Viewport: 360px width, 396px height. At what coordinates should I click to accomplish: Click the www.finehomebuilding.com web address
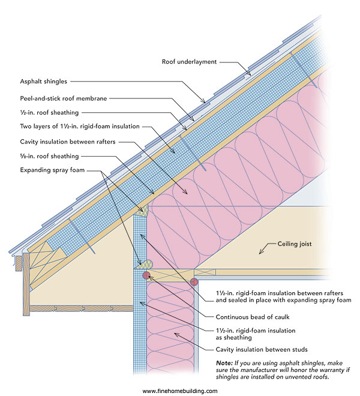[180, 391]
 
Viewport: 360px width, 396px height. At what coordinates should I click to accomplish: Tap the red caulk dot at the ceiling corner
[194, 281]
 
